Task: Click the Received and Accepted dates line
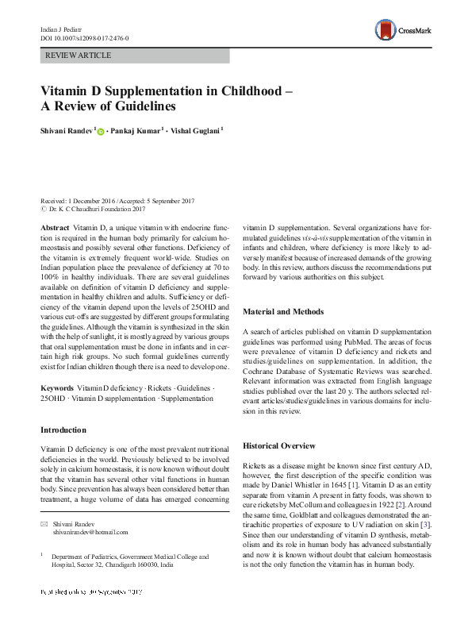[x=118, y=202]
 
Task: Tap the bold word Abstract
[x=55, y=227]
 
